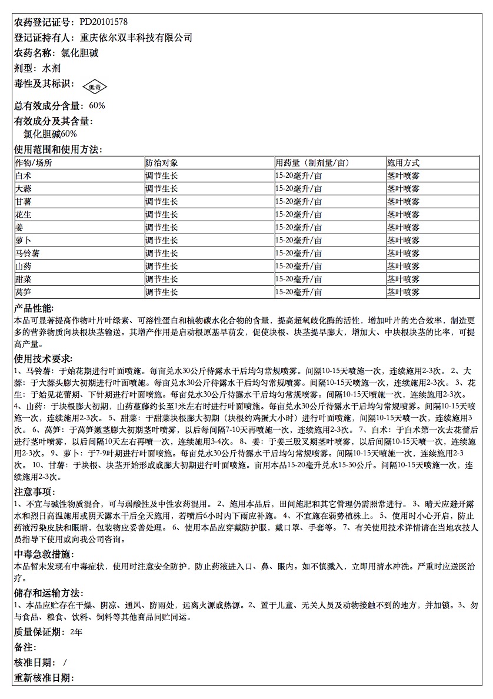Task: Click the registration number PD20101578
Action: (x=104, y=22)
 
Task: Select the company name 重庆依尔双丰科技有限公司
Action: (x=136, y=38)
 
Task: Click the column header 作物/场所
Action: (x=34, y=163)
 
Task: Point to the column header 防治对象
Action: (x=162, y=163)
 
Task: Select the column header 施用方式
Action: (x=403, y=163)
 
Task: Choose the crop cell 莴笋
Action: (x=24, y=292)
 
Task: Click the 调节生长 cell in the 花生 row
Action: (x=162, y=215)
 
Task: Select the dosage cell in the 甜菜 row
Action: (x=299, y=279)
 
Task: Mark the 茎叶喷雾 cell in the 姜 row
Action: (x=403, y=228)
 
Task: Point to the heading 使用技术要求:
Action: (x=43, y=358)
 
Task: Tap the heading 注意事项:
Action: (x=34, y=491)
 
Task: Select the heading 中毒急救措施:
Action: (x=43, y=554)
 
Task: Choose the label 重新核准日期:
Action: (x=43, y=678)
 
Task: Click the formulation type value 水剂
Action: (x=51, y=68)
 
